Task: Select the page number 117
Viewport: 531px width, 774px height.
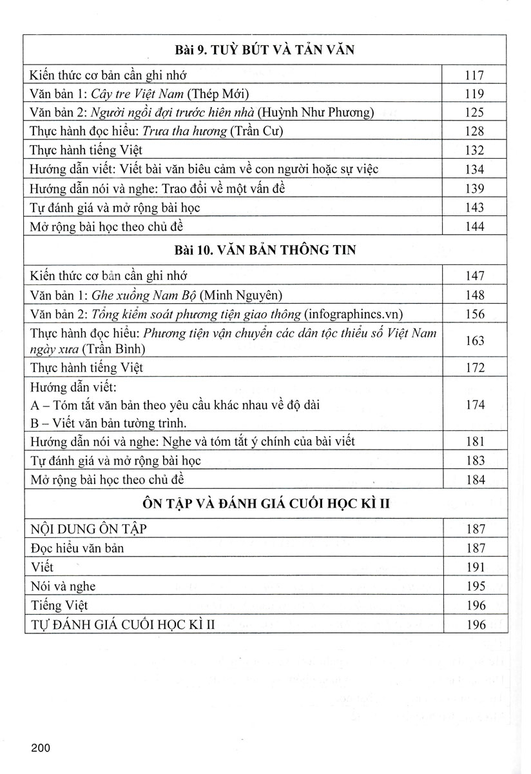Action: [474, 75]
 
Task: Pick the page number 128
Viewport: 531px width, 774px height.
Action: [474, 132]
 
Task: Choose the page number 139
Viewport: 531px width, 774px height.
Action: [474, 188]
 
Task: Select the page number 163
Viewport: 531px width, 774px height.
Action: [474, 341]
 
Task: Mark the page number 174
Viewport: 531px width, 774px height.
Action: [474, 405]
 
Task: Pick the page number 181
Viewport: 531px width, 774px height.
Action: [474, 442]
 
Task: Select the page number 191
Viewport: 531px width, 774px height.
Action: [474, 568]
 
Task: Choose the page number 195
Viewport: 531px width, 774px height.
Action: [474, 587]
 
